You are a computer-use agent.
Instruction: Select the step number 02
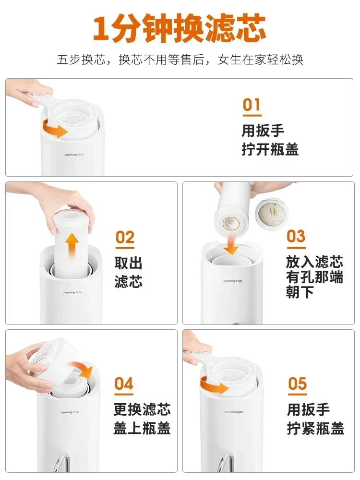(x=125, y=238)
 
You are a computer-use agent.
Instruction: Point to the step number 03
(x=296, y=236)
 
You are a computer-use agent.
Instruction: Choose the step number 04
(x=124, y=384)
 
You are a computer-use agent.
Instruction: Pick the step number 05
(x=297, y=384)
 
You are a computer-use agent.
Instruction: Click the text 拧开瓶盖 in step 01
(x=270, y=150)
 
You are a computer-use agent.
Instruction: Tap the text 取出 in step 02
(x=128, y=263)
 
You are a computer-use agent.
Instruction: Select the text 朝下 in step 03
(x=300, y=292)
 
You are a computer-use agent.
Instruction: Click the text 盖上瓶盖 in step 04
(x=142, y=428)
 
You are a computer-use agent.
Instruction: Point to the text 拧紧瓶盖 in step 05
(x=315, y=428)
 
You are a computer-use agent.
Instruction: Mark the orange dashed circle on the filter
(x=231, y=223)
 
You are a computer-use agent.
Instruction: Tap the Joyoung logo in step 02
(x=72, y=293)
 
